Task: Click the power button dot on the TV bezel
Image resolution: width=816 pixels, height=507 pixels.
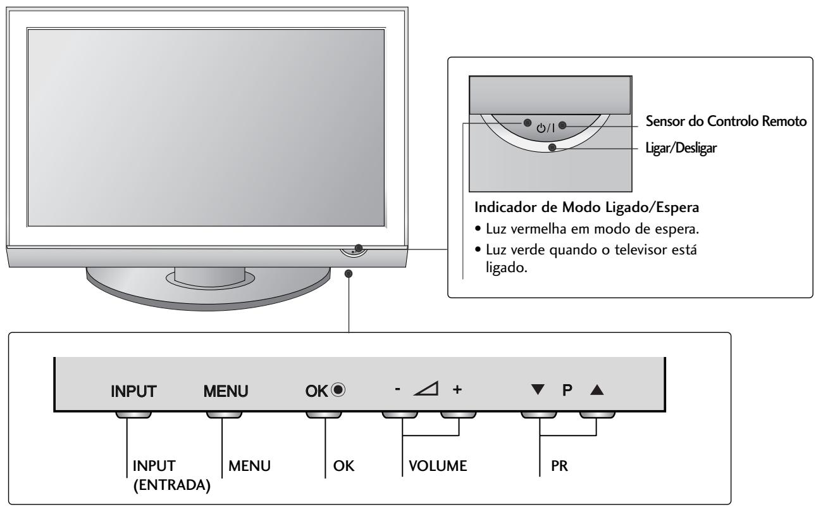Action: pos(359,248)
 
